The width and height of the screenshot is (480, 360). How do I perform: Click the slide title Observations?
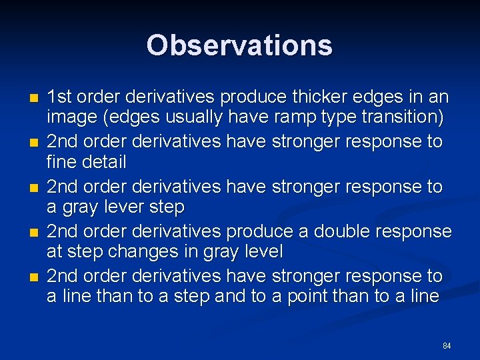click(x=239, y=45)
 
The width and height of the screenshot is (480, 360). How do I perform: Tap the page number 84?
click(x=447, y=346)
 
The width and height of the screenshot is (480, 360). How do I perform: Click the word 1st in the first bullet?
click(x=60, y=97)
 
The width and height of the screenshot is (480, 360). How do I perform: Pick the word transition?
click(x=403, y=117)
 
